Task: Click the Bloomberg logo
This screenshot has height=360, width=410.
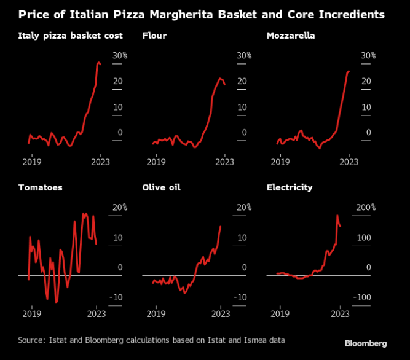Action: pyautogui.click(x=365, y=343)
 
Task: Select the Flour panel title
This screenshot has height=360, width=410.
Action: pyautogui.click(x=154, y=36)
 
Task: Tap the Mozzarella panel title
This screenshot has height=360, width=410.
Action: pyautogui.click(x=291, y=36)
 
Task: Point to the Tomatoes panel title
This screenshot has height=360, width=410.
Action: pyautogui.click(x=40, y=187)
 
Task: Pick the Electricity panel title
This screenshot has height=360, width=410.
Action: pyautogui.click(x=290, y=187)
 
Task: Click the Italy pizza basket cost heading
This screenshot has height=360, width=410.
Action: pyautogui.click(x=70, y=36)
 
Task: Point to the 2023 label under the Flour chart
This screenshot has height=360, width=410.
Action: pyautogui.click(x=224, y=162)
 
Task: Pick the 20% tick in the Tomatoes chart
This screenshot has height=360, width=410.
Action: pyautogui.click(x=118, y=207)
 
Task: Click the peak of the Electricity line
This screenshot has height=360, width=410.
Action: pyautogui.click(x=337, y=216)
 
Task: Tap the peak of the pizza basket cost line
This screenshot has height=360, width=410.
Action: pyautogui.click(x=99, y=62)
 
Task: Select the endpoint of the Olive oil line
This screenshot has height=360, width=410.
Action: pyautogui.click(x=221, y=227)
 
